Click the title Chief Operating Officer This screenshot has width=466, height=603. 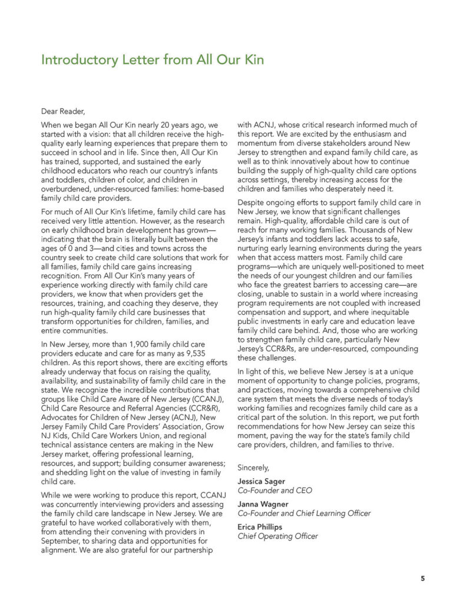click(x=277, y=536)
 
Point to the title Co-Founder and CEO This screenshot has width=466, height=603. click(x=275, y=490)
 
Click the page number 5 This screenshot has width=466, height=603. click(x=422, y=578)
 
